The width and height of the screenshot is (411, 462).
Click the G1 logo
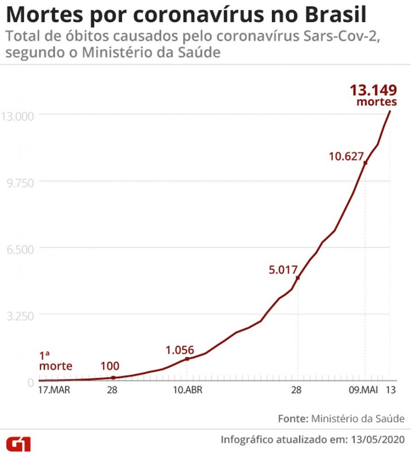tap(19, 444)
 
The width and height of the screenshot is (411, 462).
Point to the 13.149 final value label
tap(373, 90)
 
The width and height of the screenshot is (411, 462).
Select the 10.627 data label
tap(346, 156)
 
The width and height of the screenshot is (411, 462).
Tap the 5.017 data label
tap(283, 270)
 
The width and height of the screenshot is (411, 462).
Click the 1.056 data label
tap(180, 350)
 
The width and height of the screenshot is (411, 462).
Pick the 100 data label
tap(110, 366)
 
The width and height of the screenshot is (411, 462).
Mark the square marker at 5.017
tap(298, 278)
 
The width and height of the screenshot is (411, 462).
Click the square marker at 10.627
tap(365, 163)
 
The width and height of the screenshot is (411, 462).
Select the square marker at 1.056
tap(187, 359)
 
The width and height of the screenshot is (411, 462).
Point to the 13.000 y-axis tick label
tap(18, 116)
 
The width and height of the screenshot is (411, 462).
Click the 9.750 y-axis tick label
tap(20, 183)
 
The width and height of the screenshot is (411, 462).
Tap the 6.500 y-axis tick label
tap(20, 249)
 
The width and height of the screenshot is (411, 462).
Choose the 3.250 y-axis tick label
tap(20, 316)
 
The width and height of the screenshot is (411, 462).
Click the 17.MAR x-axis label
tap(54, 390)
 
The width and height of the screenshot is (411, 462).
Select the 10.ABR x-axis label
tap(187, 390)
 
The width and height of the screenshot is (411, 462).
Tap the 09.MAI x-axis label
tap(363, 390)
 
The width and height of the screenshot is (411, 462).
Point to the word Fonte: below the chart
tap(293, 419)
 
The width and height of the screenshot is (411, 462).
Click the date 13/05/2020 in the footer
tap(378, 439)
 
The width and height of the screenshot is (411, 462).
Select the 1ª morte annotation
tap(56, 361)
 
